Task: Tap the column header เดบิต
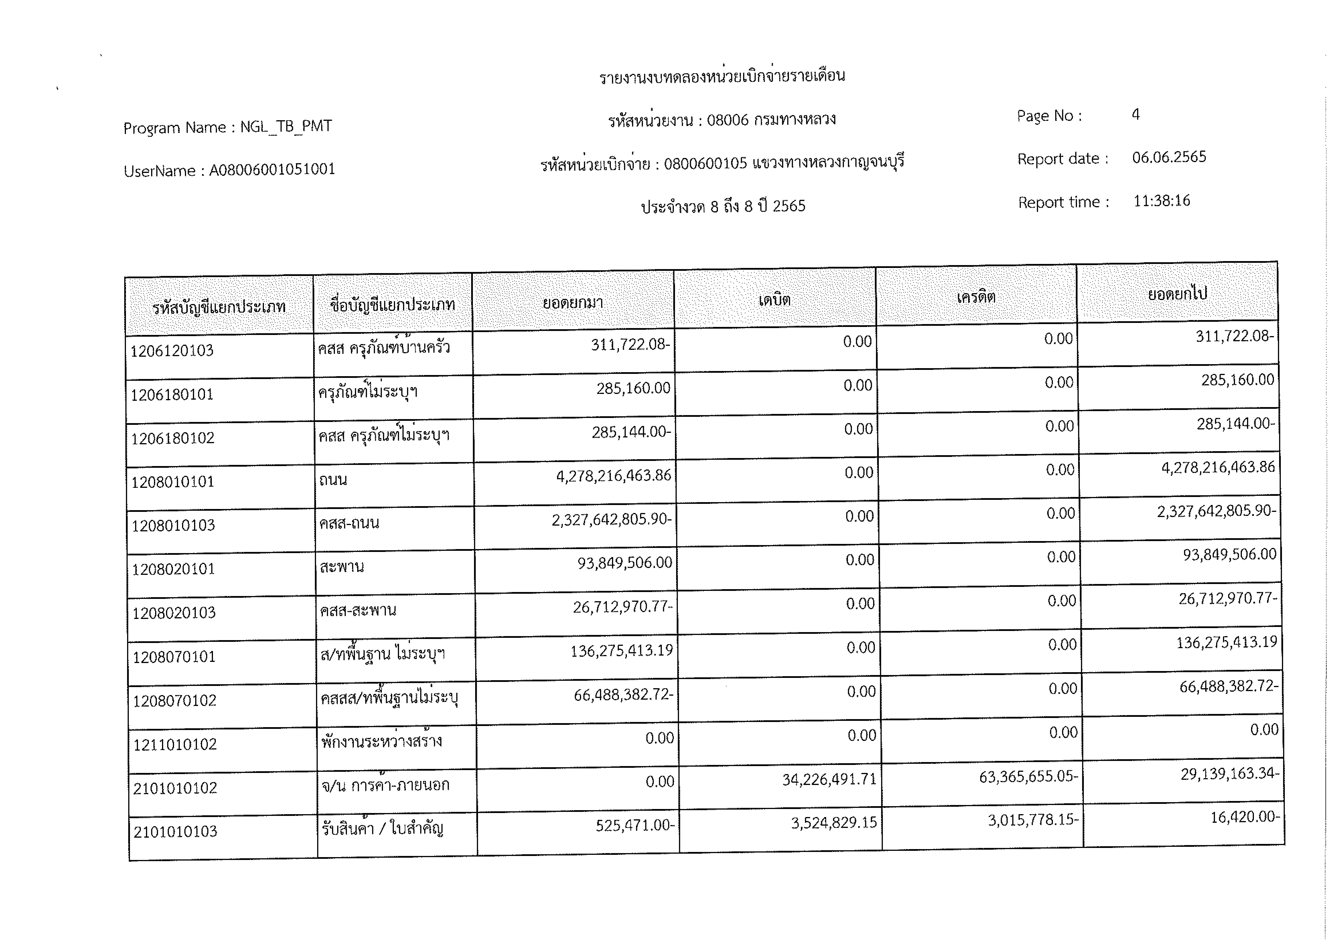(775, 300)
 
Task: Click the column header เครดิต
(976, 297)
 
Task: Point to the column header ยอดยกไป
(1177, 294)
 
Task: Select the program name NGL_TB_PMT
(286, 127)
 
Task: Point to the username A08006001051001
(272, 170)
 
